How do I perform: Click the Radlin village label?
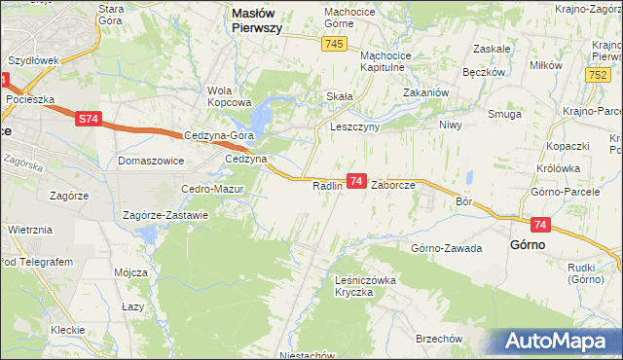[x=329, y=185]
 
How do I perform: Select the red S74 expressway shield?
[x=88, y=119]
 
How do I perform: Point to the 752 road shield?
[x=598, y=75]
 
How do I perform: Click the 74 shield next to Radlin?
[x=356, y=181]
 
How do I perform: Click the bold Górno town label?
[x=528, y=245]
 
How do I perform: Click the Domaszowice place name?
[x=151, y=160]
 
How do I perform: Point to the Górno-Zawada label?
[x=447, y=248]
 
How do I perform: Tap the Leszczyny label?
[x=354, y=126]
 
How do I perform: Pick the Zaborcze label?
[x=393, y=185]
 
